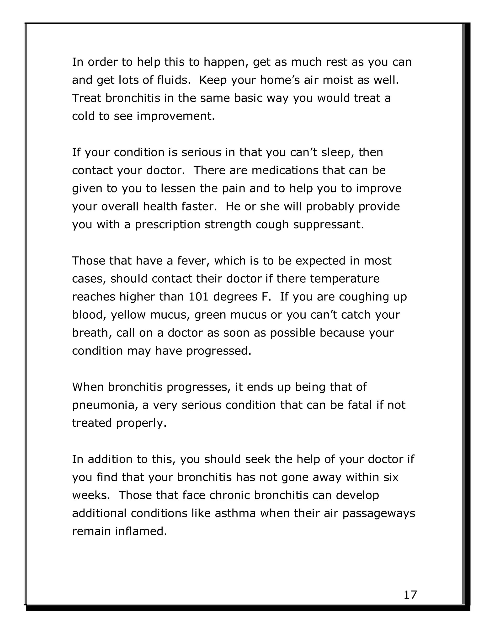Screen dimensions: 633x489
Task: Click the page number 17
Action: point(410,595)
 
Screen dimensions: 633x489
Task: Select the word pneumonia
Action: point(105,405)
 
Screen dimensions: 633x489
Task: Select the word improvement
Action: point(175,116)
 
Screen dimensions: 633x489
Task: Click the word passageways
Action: point(379,513)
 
